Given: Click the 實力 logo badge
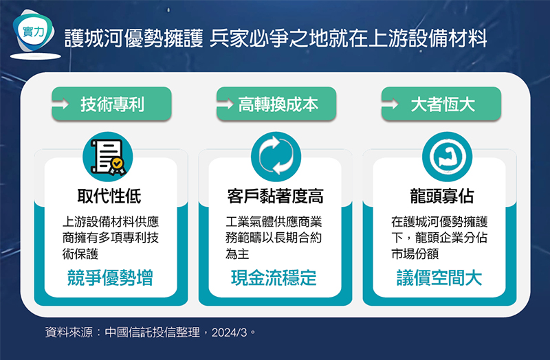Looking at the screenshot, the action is (x=33, y=33).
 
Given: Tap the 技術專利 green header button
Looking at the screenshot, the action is (x=111, y=104).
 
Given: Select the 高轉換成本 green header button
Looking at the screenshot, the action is (x=276, y=104).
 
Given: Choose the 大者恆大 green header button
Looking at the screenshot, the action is (x=441, y=104).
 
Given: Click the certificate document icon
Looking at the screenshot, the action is (x=108, y=157).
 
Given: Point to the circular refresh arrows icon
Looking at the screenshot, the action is (x=276, y=157).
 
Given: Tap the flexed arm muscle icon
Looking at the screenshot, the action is (x=447, y=157).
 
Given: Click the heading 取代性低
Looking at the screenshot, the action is (x=109, y=196).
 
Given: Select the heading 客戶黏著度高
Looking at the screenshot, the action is (x=276, y=196).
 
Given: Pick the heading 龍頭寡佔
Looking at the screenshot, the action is (x=441, y=196).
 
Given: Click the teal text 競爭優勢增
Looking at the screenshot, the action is (x=110, y=278).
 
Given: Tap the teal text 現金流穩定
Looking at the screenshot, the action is (x=274, y=278).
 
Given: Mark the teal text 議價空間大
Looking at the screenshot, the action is (x=439, y=278).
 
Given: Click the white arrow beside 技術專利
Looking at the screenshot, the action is (x=60, y=104).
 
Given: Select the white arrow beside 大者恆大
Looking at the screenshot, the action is (x=390, y=104).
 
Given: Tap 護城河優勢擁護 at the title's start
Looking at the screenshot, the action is (x=134, y=38).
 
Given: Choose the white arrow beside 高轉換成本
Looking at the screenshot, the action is (x=225, y=104).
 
